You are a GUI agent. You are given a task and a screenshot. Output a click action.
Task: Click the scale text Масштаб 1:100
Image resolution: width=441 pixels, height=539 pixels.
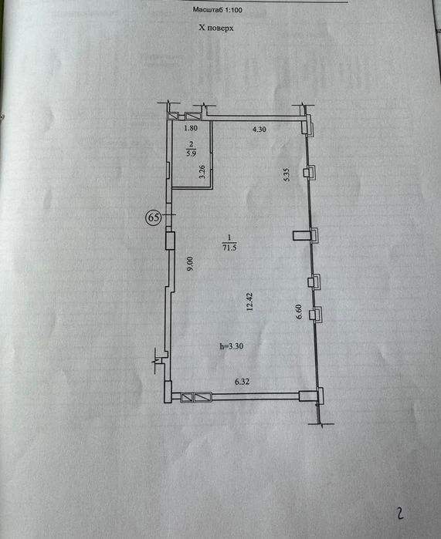coord(217,9)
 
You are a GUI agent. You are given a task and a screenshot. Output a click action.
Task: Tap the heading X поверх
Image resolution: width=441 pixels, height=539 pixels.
coord(215,28)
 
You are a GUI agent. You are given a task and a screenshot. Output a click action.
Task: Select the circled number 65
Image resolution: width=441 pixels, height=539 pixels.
coord(154,217)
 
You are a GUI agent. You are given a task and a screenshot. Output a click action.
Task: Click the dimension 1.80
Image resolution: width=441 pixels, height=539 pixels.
coord(191,128)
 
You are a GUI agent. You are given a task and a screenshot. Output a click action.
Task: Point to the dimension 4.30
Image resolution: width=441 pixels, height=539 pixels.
coord(260,130)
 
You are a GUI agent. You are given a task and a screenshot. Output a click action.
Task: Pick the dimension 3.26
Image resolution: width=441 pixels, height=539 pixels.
coord(202,171)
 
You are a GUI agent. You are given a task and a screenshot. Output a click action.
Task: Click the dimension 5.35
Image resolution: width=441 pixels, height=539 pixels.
coord(287,174)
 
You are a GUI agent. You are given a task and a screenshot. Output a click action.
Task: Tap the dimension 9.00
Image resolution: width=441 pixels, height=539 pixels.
coord(190,264)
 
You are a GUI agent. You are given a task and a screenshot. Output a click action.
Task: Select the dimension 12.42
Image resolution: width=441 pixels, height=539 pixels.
coord(249,302)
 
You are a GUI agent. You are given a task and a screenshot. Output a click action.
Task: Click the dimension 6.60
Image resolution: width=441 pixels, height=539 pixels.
coord(299,312)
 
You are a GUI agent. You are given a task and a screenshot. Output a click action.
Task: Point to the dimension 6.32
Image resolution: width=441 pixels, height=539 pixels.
coord(242,382)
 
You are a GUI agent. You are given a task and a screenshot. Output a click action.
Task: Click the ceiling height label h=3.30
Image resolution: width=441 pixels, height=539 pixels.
coord(232,346)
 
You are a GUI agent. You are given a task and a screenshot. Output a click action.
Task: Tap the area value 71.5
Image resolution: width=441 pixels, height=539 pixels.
coord(229,248)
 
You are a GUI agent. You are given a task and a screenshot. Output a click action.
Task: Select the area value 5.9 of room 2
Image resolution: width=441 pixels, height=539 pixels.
coord(192,153)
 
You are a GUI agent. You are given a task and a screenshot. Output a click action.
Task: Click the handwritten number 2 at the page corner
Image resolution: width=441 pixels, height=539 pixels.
coord(400,514)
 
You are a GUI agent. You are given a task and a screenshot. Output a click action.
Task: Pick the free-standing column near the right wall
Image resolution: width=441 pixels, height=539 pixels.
coord(301,236)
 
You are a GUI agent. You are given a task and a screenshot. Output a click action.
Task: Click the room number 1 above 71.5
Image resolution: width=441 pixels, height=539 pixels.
coord(229,237)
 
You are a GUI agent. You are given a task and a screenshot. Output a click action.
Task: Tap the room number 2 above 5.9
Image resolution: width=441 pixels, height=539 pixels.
coord(192,144)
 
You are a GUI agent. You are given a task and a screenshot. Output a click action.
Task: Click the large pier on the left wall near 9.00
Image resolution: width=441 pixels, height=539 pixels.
coord(170,241)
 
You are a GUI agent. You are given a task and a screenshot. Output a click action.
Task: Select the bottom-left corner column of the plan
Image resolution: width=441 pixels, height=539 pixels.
coord(168,392)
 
